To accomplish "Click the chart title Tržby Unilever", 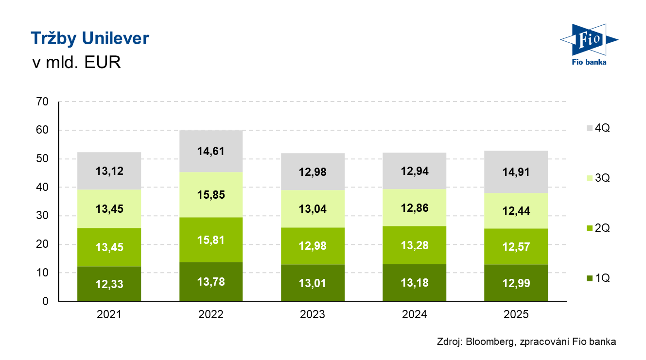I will tap(90, 38).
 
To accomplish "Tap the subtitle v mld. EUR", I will tap(76, 63).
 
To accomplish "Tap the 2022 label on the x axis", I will tap(211, 314).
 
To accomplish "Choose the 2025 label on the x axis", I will tap(516, 314).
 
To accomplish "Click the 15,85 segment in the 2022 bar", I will tap(211, 194).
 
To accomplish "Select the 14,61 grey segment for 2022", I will tap(211, 151).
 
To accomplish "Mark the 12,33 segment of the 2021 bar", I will tap(109, 284).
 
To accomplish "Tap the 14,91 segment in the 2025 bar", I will tap(516, 172).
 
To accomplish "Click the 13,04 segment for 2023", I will tap(313, 209).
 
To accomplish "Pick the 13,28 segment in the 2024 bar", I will tap(415, 245).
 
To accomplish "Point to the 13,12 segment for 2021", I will tap(109, 171).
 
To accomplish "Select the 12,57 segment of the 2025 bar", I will tap(516, 246).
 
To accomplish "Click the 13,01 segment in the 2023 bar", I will tap(313, 283).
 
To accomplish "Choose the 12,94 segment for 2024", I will tap(415, 171).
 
